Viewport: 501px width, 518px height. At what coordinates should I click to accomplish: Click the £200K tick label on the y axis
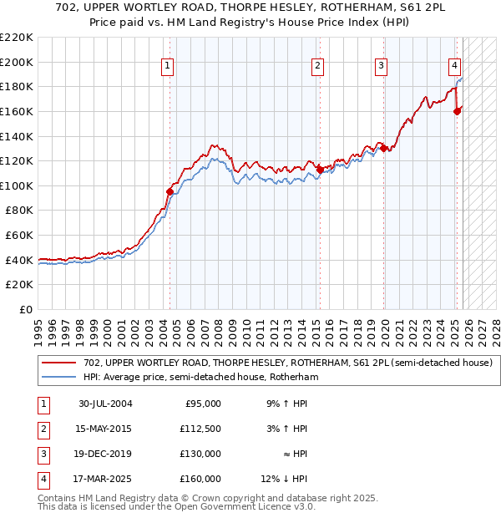[x=17, y=62]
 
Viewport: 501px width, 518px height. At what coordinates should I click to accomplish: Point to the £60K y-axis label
[x=19, y=236]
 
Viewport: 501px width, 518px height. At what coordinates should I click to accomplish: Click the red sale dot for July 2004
[x=170, y=191]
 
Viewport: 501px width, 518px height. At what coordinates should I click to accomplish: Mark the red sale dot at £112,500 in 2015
[x=319, y=170]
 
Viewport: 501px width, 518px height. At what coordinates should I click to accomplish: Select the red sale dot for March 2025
[x=457, y=111]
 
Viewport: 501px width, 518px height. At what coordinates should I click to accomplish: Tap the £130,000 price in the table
[x=201, y=454]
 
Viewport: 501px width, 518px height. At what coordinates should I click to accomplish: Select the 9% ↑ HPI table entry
[x=286, y=404]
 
